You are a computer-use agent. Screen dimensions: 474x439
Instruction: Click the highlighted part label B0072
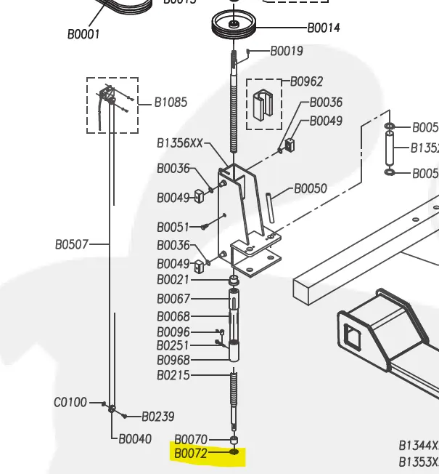click(190, 454)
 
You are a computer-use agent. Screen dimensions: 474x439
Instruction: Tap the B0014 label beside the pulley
click(324, 28)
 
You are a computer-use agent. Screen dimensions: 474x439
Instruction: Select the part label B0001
click(83, 34)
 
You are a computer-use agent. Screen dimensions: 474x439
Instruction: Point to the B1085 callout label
click(171, 103)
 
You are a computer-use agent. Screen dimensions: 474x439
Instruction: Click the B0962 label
click(307, 81)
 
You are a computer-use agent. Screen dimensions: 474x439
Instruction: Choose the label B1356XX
click(180, 143)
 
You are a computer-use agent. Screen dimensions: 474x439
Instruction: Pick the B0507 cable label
click(72, 244)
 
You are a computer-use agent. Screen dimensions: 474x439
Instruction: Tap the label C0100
click(70, 402)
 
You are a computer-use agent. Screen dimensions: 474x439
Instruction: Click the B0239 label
click(157, 417)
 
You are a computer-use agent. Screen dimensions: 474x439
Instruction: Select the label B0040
click(135, 438)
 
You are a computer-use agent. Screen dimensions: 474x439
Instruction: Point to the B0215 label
click(173, 376)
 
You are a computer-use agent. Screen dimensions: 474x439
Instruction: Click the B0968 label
click(173, 360)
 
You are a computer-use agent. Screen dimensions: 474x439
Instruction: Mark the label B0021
click(173, 280)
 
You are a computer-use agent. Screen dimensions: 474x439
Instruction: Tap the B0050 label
click(311, 188)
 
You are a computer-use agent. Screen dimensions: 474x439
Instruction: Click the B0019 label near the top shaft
click(287, 51)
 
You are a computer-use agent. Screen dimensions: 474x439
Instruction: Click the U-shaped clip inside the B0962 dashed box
click(263, 105)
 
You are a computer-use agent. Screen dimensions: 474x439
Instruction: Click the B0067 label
click(173, 299)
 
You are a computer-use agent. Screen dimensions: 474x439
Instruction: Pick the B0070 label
click(191, 439)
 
